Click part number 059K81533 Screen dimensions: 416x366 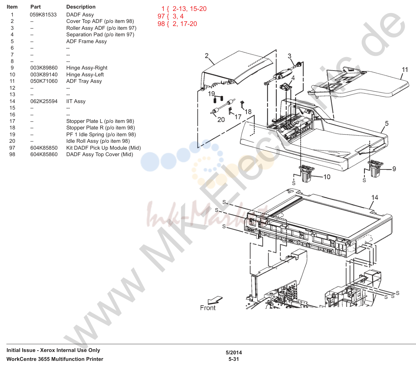(x=43, y=15)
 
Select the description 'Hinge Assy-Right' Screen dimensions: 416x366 (x=86, y=68)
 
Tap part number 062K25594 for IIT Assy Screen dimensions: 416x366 (x=44, y=101)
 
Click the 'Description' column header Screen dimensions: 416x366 (x=81, y=7)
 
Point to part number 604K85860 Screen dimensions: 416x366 (x=44, y=154)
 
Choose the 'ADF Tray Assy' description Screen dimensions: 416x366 (x=84, y=81)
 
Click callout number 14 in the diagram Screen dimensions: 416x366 (x=375, y=198)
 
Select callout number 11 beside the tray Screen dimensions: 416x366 (x=405, y=70)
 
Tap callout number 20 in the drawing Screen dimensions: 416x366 (x=221, y=120)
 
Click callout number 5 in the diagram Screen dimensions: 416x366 (x=387, y=124)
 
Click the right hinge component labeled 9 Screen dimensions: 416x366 (x=375, y=169)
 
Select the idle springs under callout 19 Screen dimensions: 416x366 (x=218, y=99)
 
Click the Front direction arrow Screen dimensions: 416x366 (x=215, y=300)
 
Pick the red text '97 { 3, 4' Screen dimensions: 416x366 (x=171, y=16)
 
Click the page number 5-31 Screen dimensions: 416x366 (x=234, y=359)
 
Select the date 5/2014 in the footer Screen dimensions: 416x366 (x=234, y=352)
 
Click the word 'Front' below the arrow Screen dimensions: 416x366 (x=208, y=308)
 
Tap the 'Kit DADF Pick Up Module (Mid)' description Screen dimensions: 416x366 (x=104, y=148)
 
